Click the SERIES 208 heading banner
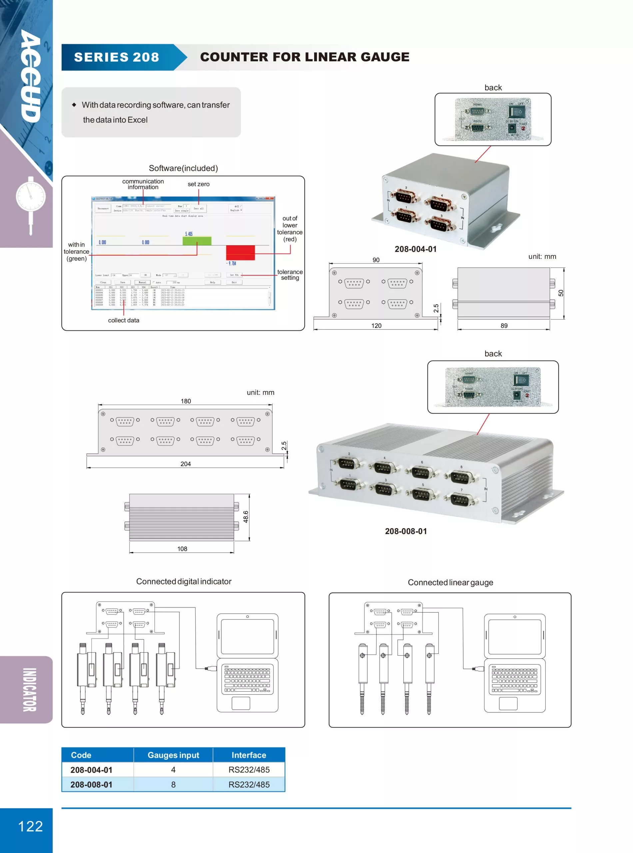tap(117, 57)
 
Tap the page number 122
tap(30, 826)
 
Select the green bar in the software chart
tap(197, 241)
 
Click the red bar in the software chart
tap(240, 253)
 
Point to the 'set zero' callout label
tap(199, 184)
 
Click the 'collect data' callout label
tap(123, 320)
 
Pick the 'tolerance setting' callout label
tap(290, 275)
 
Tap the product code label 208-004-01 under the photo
tap(415, 249)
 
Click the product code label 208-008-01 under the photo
tap(406, 531)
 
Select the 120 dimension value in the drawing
tap(376, 326)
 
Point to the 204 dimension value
tap(186, 464)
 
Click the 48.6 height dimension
tap(246, 516)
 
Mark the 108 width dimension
tap(182, 549)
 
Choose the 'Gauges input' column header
tap(173, 755)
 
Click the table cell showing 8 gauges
tap(173, 784)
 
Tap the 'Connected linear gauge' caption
tap(450, 582)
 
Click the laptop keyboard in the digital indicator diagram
tap(247, 680)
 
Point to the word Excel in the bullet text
tap(137, 120)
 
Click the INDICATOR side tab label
tap(30, 690)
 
